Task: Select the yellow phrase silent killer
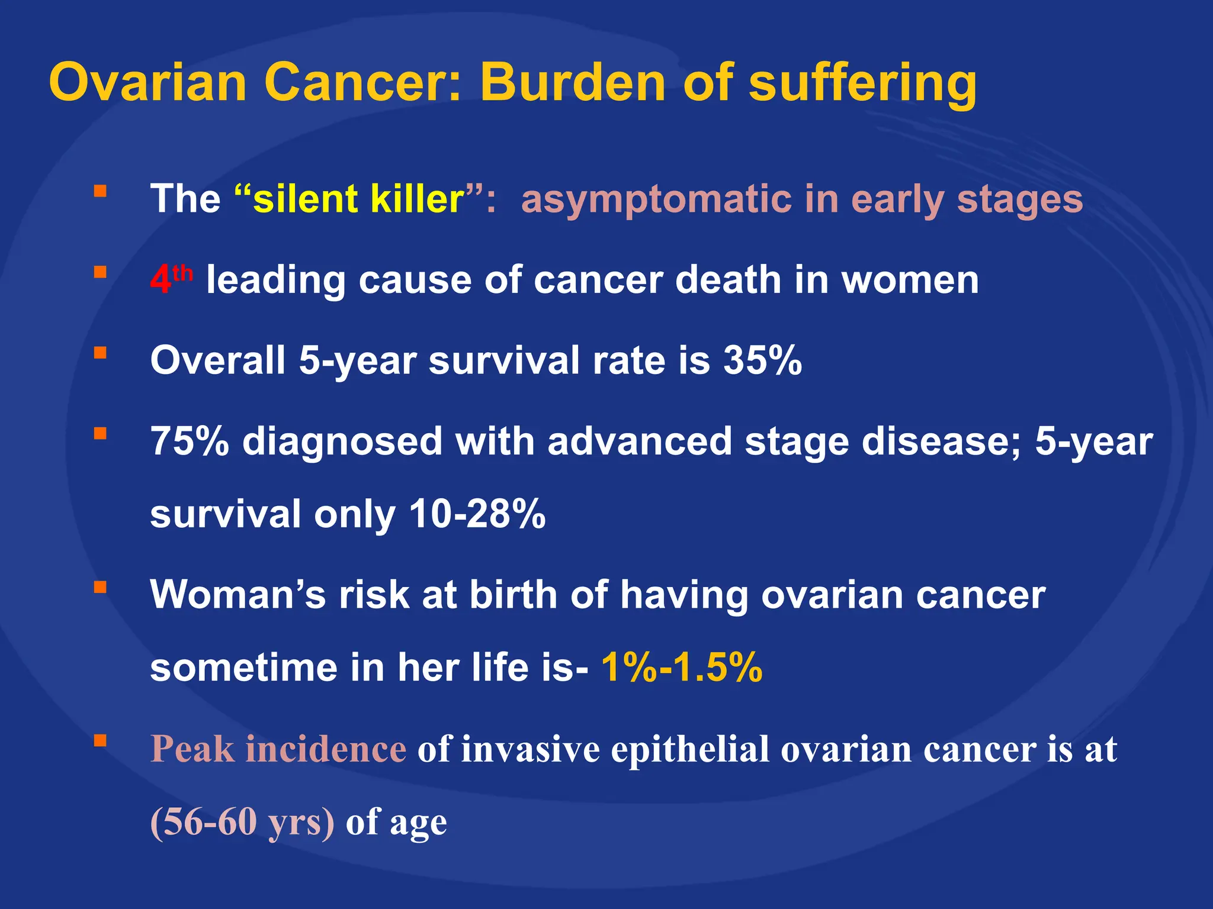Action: pyautogui.click(x=358, y=199)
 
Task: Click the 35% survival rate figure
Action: pyautogui.click(x=762, y=360)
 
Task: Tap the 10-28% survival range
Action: pyautogui.click(x=477, y=514)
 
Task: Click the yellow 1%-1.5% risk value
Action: pyautogui.click(x=682, y=668)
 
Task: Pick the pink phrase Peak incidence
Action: pyautogui.click(x=278, y=749)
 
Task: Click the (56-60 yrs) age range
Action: pyautogui.click(x=242, y=821)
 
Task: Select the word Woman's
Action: pyautogui.click(x=238, y=594)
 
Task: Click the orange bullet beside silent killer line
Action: pyautogui.click(x=100, y=191)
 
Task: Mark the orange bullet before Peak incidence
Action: pyautogui.click(x=100, y=741)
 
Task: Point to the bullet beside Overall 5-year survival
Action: pyautogui.click(x=100, y=353)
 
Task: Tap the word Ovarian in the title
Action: pyautogui.click(x=147, y=83)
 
